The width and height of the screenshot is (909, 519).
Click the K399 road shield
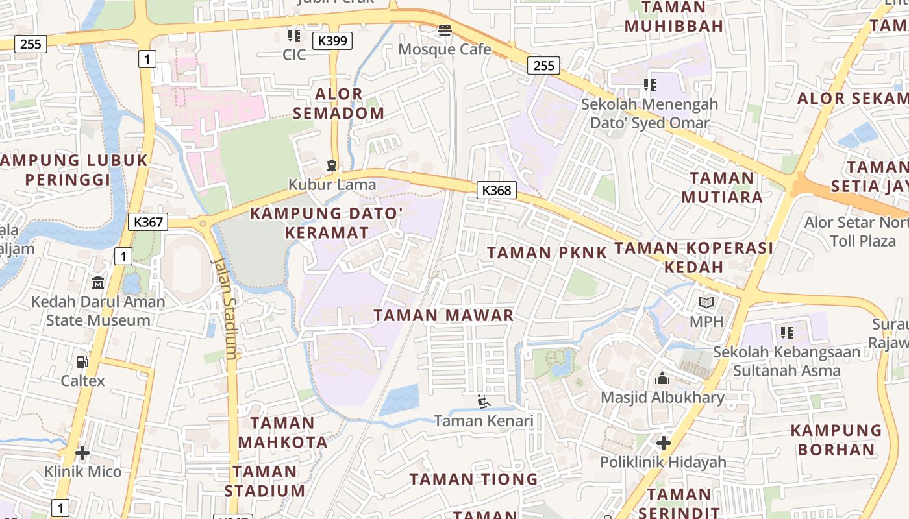[x=332, y=41]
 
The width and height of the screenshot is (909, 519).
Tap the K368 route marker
[x=497, y=190]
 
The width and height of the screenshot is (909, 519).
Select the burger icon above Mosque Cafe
[x=445, y=30]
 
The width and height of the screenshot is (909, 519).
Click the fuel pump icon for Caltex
[x=82, y=362]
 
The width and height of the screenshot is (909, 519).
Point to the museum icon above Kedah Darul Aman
[x=98, y=282]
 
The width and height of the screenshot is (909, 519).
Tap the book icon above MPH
[x=706, y=302]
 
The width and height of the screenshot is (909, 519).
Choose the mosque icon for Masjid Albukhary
[x=662, y=378]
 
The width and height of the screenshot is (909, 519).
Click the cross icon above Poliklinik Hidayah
[x=663, y=443]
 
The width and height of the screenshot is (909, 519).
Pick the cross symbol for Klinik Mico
[x=82, y=452]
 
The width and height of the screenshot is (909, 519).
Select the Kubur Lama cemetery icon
[x=332, y=165]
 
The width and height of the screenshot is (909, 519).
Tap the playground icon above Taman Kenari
[x=484, y=402]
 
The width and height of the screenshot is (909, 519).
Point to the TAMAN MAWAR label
[x=444, y=316]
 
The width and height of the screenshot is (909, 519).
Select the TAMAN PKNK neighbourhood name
[x=547, y=253]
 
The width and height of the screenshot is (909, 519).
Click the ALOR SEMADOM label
[x=338, y=104]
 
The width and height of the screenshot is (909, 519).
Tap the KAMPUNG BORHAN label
[x=836, y=440]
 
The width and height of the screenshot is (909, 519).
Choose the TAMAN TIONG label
[x=473, y=479]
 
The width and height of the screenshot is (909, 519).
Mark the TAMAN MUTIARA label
[x=722, y=187]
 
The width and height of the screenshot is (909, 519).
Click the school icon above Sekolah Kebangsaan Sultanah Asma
[x=787, y=333]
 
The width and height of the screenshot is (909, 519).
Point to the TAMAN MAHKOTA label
[x=282, y=433]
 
